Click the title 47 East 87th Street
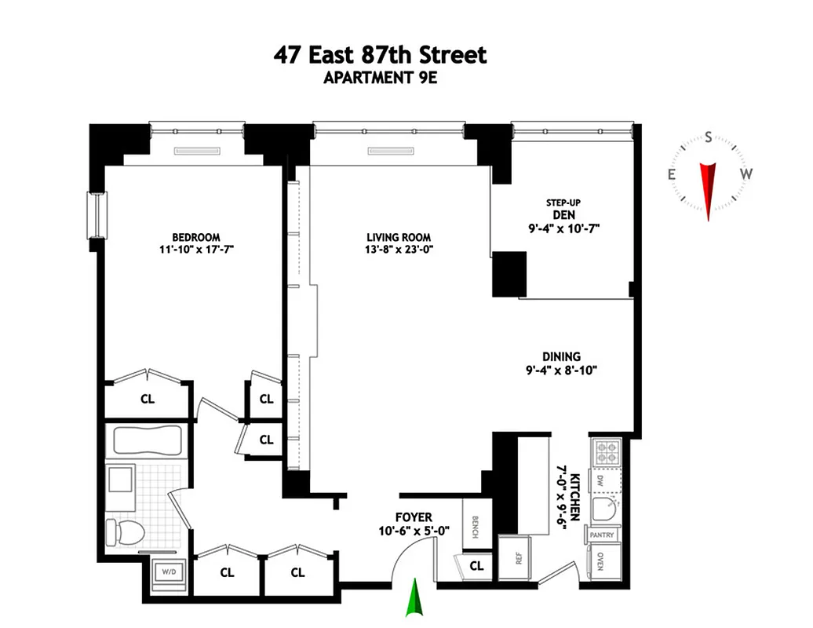tap(380, 56)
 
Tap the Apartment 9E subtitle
tap(380, 78)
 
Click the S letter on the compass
tap(708, 138)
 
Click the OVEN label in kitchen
tap(601, 561)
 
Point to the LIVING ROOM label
tap(399, 237)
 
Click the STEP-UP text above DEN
tap(563, 203)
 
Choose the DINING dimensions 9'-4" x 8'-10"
tap(565, 371)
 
